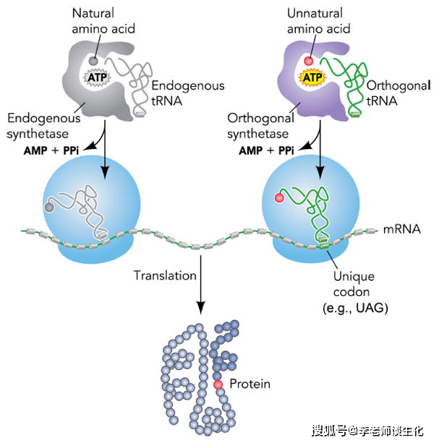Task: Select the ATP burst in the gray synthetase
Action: pyautogui.click(x=98, y=75)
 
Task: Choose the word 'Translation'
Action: pyautogui.click(x=165, y=275)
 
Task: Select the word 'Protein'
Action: pyautogui.click(x=250, y=384)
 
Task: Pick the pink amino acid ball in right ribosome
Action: pyautogui.click(x=278, y=198)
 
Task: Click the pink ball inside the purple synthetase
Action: pyautogui.click(x=307, y=62)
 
